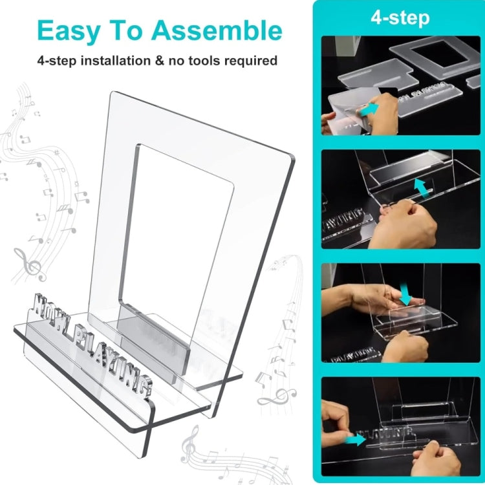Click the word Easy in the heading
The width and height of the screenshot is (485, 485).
tap(69, 30)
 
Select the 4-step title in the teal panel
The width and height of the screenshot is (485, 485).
tap(400, 17)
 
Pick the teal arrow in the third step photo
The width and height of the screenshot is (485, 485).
tap(405, 294)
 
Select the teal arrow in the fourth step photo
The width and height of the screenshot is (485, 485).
tap(355, 439)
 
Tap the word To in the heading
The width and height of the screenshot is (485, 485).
tap(126, 30)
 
